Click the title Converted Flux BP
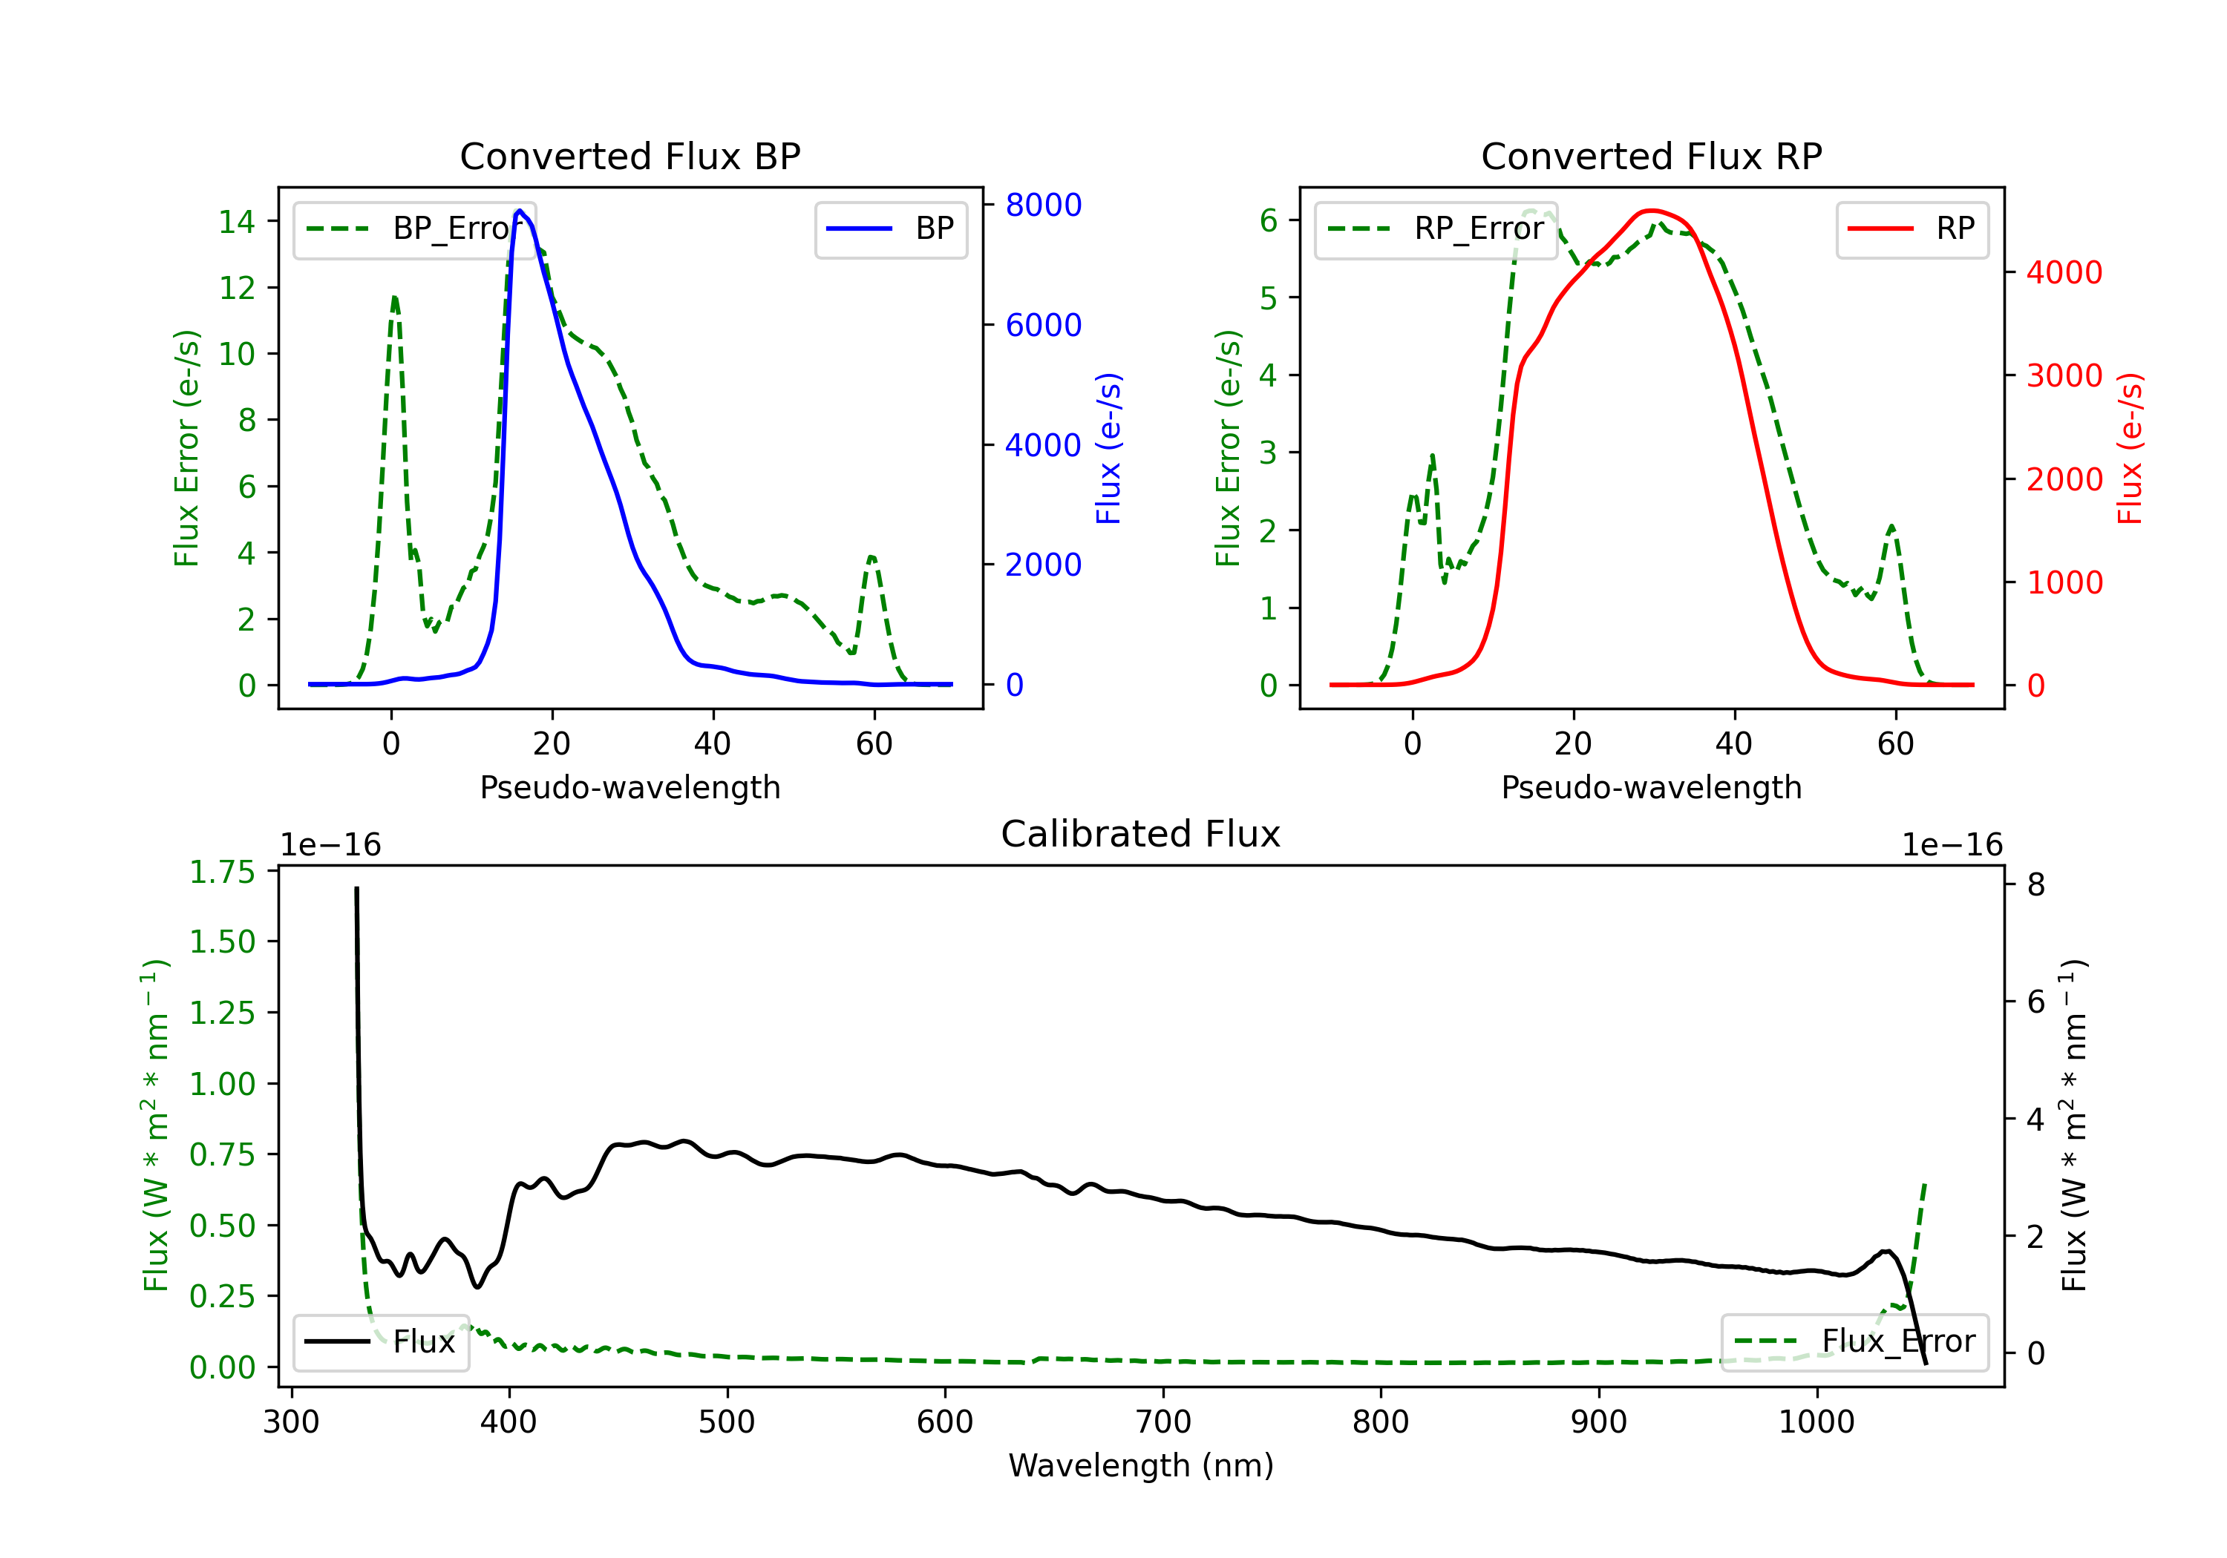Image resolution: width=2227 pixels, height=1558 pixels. pyautogui.click(x=629, y=156)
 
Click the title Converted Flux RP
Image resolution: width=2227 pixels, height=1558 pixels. pyautogui.click(x=1651, y=156)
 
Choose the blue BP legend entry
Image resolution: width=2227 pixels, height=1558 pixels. pyautogui.click(x=890, y=229)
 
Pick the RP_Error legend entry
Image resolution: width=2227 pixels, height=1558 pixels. pyautogui.click(x=1436, y=229)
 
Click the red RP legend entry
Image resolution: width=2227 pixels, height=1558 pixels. pyautogui.click(x=1912, y=229)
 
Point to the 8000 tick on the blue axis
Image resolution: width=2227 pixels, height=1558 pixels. pyautogui.click(x=1043, y=205)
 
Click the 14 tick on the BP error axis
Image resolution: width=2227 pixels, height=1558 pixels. pyautogui.click(x=237, y=222)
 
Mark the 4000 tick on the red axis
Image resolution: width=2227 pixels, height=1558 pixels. pyautogui.click(x=2064, y=272)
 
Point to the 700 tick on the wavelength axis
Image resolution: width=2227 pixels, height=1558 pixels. pyautogui.click(x=1163, y=1421)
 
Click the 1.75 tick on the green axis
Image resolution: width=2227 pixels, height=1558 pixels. pyautogui.click(x=222, y=872)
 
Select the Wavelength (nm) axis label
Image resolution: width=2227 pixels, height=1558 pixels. pyautogui.click(x=1141, y=1465)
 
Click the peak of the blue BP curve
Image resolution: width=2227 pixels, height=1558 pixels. pyautogui.click(x=520, y=211)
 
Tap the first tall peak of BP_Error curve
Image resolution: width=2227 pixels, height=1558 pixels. pyautogui.click(x=393, y=298)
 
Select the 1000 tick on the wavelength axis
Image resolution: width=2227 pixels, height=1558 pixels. pyautogui.click(x=1816, y=1421)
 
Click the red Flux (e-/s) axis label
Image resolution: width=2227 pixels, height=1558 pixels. pyautogui.click(x=2129, y=449)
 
